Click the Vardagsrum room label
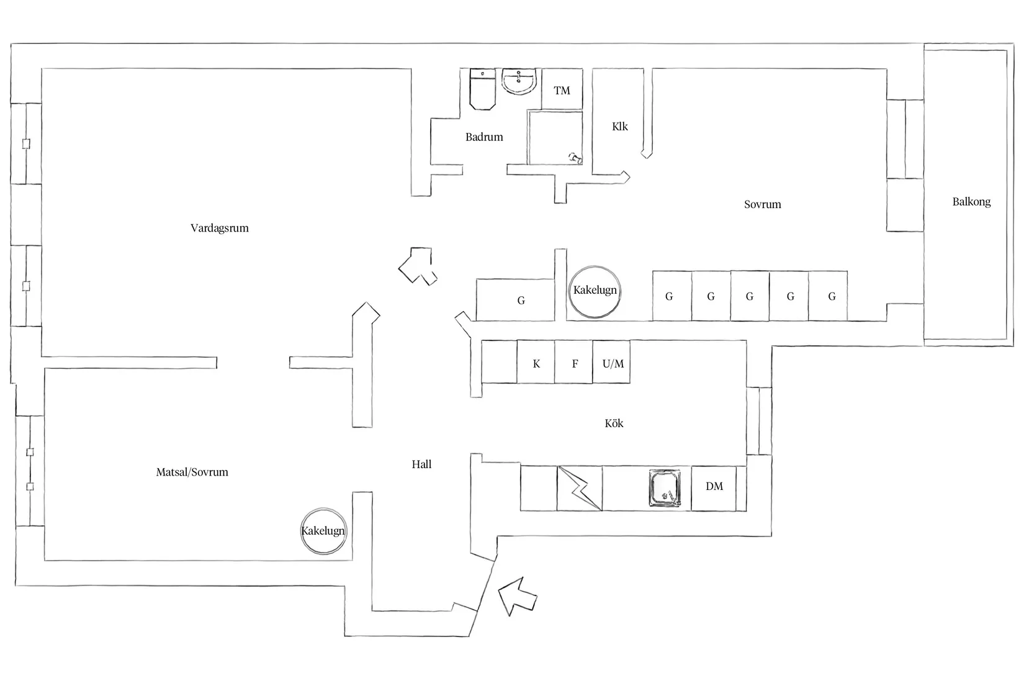pyautogui.click(x=220, y=228)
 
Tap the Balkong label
pyautogui.click(x=971, y=202)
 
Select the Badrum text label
pyautogui.click(x=484, y=137)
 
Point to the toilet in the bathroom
pyautogui.click(x=482, y=89)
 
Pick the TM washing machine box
pyautogui.click(x=562, y=91)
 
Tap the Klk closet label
pyautogui.click(x=619, y=127)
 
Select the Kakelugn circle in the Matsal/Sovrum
pyautogui.click(x=323, y=531)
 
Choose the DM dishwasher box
pyautogui.click(x=714, y=487)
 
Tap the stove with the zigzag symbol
pyautogui.click(x=580, y=489)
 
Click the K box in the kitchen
pyautogui.click(x=536, y=364)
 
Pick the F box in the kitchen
pyautogui.click(x=575, y=364)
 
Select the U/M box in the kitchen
pyautogui.click(x=613, y=364)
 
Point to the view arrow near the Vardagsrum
pyautogui.click(x=418, y=266)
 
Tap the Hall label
pyautogui.click(x=421, y=464)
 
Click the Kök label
pyautogui.click(x=614, y=423)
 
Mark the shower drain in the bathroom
pyautogui.click(x=575, y=158)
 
